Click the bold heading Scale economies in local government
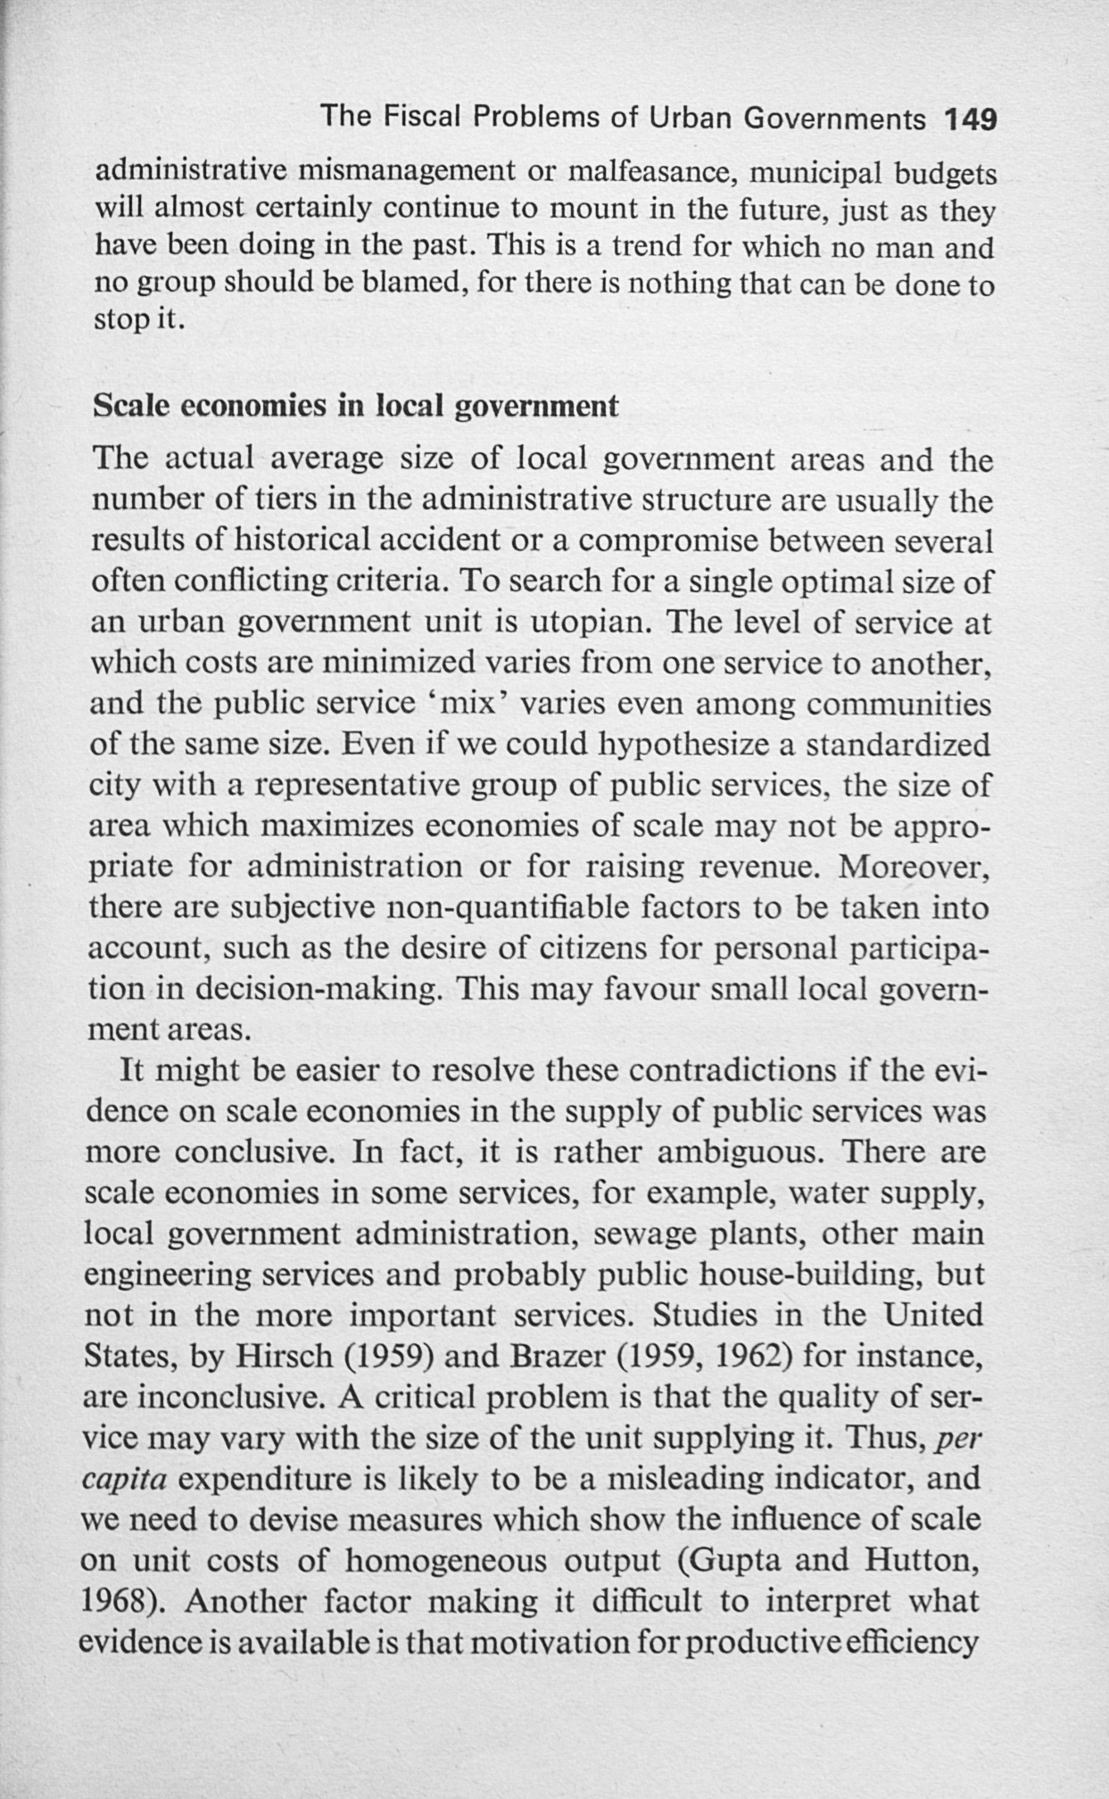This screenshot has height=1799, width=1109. click(x=355, y=406)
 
